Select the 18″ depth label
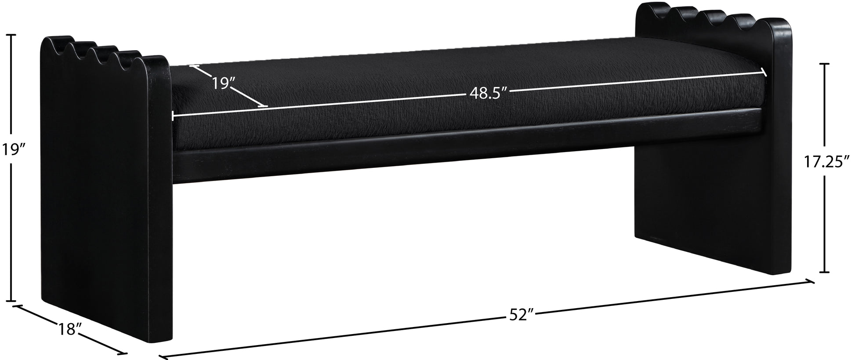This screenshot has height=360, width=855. [x=70, y=329]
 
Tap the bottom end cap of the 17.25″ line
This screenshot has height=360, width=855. [x=812, y=272]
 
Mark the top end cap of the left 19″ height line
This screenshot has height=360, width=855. [x=11, y=36]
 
